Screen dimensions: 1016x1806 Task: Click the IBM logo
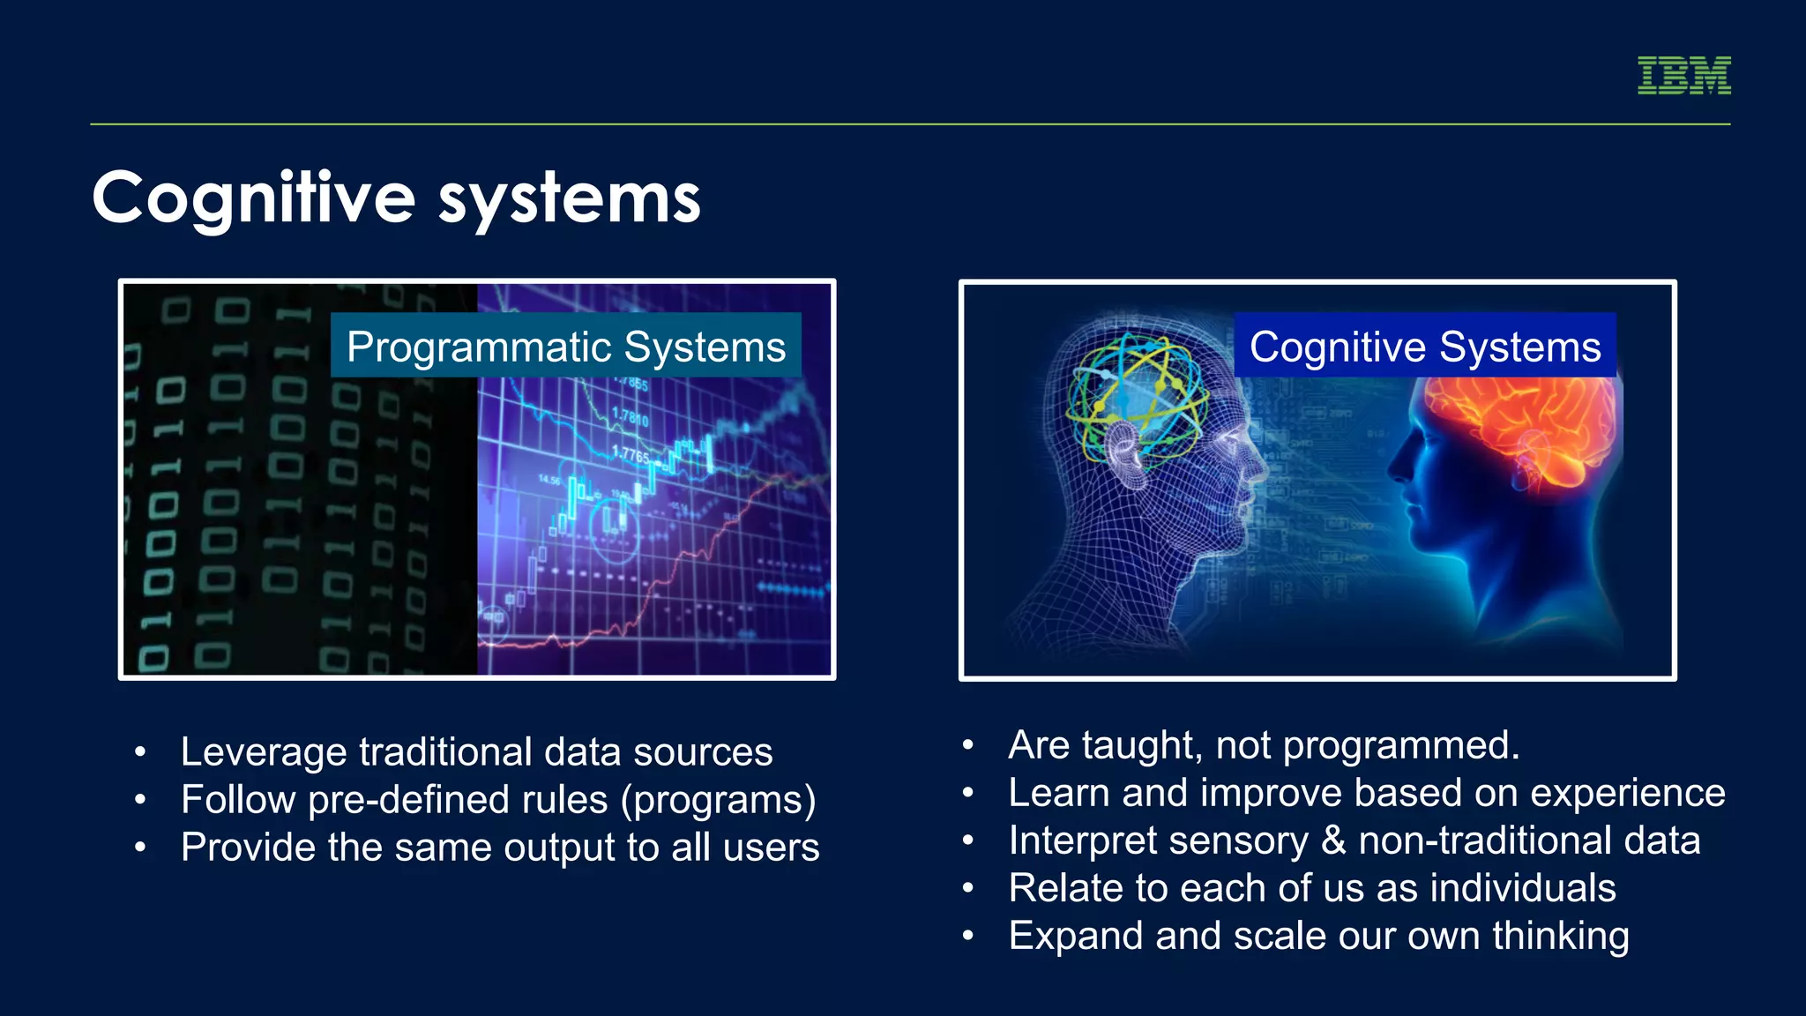point(1683,75)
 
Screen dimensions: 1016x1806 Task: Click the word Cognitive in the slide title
point(253,198)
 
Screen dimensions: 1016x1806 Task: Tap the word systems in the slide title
point(569,200)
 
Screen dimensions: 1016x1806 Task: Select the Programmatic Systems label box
point(565,346)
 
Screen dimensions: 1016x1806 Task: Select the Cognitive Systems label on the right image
point(1424,346)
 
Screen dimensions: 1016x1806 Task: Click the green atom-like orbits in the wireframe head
point(1138,397)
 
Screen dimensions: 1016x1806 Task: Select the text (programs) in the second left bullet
point(718,800)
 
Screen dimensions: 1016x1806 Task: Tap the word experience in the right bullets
point(1627,793)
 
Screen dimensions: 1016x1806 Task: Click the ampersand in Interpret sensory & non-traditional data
point(1333,840)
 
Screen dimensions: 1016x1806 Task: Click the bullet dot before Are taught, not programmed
point(967,746)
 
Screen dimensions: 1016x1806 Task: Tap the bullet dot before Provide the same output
point(140,848)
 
